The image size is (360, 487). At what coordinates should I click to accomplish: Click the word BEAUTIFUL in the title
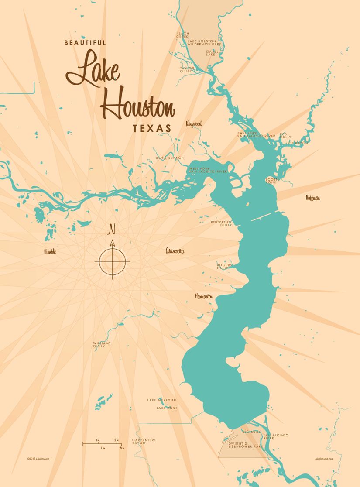(85, 43)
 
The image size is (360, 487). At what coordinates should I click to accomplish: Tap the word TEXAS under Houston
(152, 129)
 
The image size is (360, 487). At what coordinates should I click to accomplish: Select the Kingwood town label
(194, 124)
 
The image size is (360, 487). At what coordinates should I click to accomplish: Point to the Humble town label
(50, 252)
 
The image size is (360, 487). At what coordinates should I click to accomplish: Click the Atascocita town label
(175, 251)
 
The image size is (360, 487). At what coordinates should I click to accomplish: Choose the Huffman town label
(313, 198)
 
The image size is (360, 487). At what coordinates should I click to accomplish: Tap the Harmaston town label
(204, 296)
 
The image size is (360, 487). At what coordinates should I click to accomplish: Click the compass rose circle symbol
(112, 262)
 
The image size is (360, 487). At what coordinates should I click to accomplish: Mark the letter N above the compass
(112, 229)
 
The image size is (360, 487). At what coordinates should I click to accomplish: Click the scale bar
(103, 444)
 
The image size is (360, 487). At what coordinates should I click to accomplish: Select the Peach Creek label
(182, 35)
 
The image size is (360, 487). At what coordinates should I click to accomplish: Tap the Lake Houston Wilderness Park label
(202, 43)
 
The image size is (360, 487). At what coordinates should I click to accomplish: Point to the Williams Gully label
(102, 345)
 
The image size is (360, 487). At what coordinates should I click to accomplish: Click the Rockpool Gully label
(221, 223)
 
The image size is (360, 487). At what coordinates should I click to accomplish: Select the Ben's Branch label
(170, 158)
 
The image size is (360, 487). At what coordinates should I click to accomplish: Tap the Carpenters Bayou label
(144, 441)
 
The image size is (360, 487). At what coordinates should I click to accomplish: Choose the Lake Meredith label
(161, 400)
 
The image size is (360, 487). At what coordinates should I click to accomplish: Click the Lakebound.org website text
(323, 459)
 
